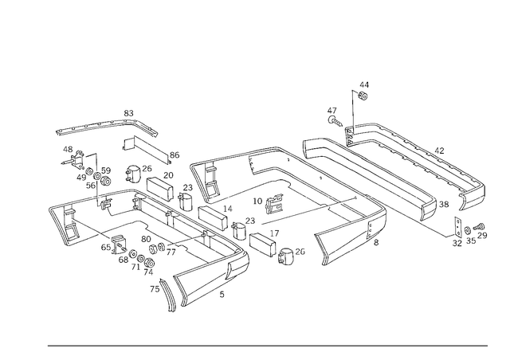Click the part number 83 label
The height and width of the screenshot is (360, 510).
(128, 113)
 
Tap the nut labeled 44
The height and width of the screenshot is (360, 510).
(363, 96)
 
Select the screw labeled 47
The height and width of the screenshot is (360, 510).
(335, 121)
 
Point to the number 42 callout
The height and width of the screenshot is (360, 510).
(439, 151)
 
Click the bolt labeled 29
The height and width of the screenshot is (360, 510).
(479, 226)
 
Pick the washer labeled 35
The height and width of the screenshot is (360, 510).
(468, 230)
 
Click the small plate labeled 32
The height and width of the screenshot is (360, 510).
(458, 227)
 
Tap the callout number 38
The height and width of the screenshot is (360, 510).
(444, 204)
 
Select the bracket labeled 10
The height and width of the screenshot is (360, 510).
(274, 204)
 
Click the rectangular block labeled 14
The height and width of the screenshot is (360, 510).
(213, 218)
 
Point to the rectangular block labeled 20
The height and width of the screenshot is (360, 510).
(160, 189)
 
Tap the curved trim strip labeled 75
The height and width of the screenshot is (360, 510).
(168, 295)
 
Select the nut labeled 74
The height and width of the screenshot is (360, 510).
(149, 263)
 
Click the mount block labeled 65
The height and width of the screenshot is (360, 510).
(119, 245)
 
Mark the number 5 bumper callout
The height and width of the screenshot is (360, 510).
(222, 295)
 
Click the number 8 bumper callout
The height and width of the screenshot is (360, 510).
(376, 242)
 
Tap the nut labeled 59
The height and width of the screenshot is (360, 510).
(106, 181)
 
